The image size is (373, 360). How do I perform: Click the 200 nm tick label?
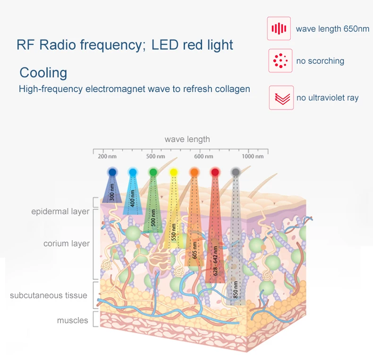tap(107, 156)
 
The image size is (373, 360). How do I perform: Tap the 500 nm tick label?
tap(155, 156)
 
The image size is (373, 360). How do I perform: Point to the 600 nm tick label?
tap(204, 156)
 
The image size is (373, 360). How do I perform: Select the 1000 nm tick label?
tap(253, 156)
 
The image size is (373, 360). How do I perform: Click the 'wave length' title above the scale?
tap(187, 139)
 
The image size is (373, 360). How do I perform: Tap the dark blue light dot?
tap(112, 172)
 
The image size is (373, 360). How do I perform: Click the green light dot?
tap(153, 172)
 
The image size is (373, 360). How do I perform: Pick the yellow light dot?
tap(173, 172)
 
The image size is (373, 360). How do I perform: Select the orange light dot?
tap(194, 172)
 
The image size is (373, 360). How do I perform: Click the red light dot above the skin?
tap(215, 172)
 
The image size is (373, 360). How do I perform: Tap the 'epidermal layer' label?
tap(60, 211)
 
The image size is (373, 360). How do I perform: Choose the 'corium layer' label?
tap(66, 244)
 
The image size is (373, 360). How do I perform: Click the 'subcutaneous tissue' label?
tap(49, 295)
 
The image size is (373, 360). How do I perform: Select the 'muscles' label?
tap(73, 320)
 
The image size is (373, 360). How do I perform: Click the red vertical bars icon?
tap(279, 29)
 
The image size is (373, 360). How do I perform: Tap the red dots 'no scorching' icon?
tap(280, 60)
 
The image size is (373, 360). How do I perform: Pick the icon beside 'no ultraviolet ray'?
tap(281, 98)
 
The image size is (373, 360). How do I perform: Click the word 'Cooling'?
tap(43, 73)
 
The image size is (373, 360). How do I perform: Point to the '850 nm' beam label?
tap(235, 289)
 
